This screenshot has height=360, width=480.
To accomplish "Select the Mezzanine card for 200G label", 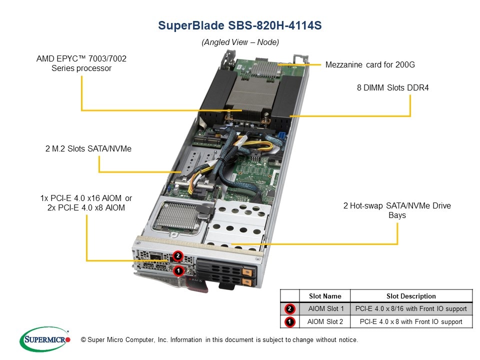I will pyautogui.click(x=370, y=64).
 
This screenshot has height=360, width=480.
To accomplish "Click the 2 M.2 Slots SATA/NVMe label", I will pyautogui.click(x=88, y=148).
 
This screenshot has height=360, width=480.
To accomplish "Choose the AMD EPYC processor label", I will pyautogui.click(x=81, y=63).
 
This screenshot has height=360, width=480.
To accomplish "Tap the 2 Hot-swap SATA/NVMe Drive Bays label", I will pyautogui.click(x=397, y=210).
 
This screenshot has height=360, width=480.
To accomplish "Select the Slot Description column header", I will pyautogui.click(x=411, y=296).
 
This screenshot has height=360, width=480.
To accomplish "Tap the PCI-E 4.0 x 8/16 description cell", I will pyautogui.click(x=411, y=309).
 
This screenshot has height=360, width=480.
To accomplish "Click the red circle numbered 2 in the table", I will pyautogui.click(x=290, y=309).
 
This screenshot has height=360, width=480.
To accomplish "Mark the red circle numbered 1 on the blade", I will pyautogui.click(x=177, y=270).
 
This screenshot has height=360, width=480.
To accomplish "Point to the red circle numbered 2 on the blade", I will pyautogui.click(x=177, y=256).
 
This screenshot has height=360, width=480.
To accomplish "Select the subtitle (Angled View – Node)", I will pyautogui.click(x=240, y=42).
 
